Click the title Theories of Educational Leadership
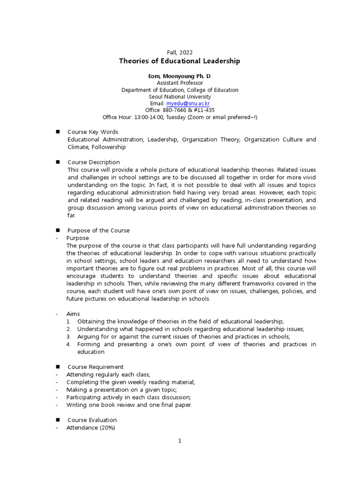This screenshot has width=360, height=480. coord(180,61)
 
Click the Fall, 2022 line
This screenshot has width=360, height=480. coord(180,52)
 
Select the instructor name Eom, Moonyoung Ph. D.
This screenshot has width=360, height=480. coord(180,76)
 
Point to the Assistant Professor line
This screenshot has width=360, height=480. coord(180,83)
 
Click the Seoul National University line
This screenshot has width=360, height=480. coord(180,97)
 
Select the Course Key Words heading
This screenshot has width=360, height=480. coord(93,132)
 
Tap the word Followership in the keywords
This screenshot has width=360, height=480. coord(109,147)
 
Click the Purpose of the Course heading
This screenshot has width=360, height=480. coord(98,230)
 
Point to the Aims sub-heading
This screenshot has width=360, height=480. coord(73,314)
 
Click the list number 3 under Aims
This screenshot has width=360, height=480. coord(68,337)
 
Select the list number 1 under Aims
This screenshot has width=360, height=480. coord(68,321)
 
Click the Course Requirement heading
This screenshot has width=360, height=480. coord(96,367)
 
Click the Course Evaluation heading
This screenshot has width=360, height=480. coord(92,420)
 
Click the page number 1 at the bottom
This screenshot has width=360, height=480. coord(180,441)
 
